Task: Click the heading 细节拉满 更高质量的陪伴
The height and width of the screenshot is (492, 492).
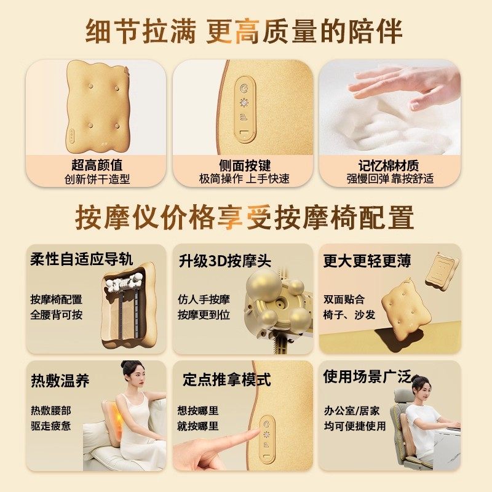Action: [246, 31]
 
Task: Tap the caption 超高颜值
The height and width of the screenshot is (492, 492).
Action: [97, 165]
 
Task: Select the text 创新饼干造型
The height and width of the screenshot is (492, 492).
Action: [97, 180]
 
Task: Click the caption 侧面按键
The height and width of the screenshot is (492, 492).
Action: [244, 165]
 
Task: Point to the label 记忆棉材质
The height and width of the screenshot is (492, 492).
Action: [389, 165]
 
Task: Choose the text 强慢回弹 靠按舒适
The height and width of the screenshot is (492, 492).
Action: [389, 180]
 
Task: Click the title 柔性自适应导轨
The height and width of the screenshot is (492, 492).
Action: [82, 259]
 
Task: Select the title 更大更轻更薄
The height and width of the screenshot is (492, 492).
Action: [367, 261]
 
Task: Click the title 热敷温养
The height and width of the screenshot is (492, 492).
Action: [60, 380]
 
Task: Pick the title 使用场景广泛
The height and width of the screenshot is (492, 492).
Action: [367, 376]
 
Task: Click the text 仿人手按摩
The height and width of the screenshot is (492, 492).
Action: [204, 300]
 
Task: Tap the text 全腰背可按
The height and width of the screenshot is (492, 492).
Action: [56, 315]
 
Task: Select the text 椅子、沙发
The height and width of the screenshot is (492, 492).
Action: [349, 315]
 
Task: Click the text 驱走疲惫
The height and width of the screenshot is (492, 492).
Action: [50, 426]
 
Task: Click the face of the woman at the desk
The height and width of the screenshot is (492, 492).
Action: [421, 391]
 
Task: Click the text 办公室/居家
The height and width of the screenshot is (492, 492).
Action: [352, 411]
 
